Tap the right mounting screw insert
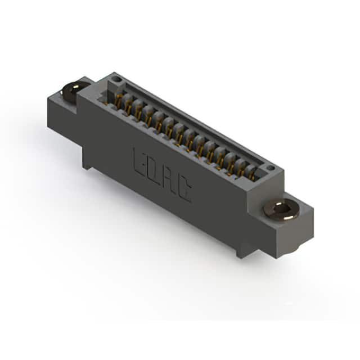coord(281,210)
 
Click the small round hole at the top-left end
coord(118,80)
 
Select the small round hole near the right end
coord(271,168)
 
